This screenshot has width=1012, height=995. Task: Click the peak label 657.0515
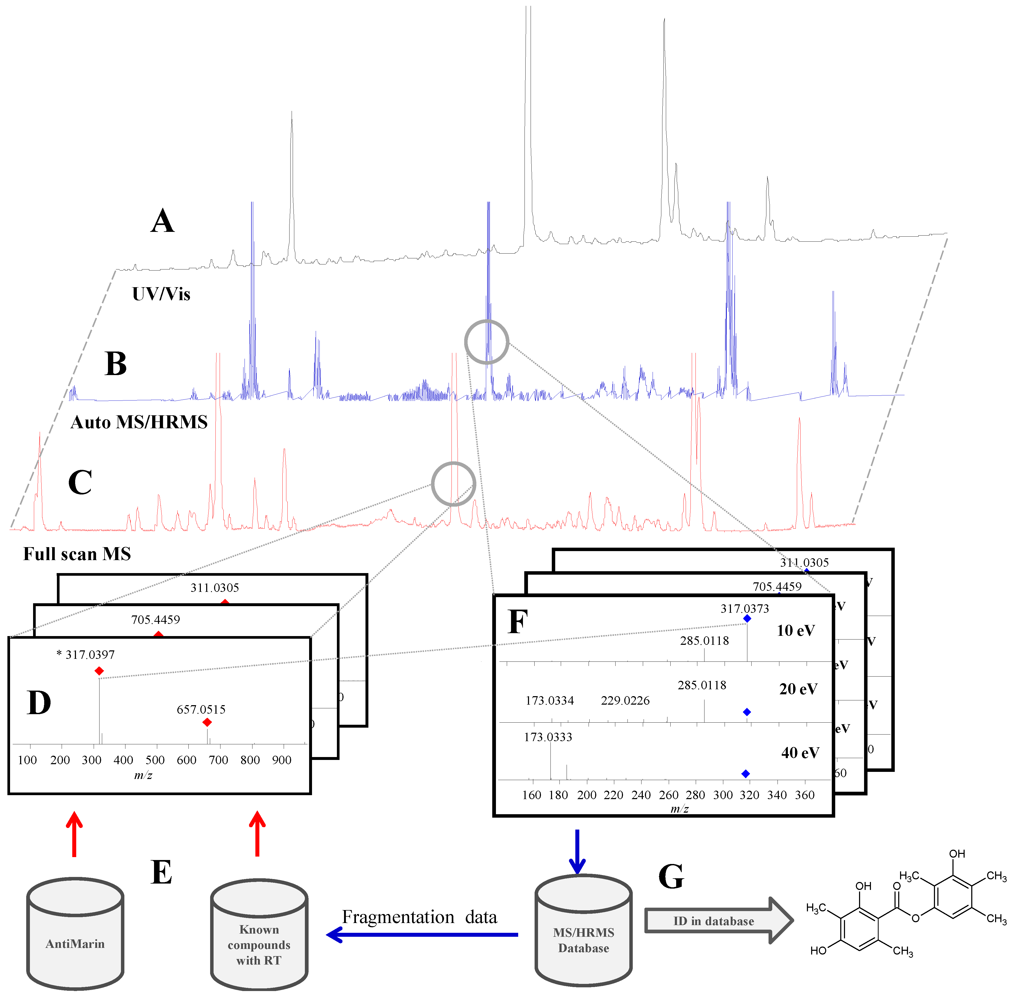pos(201,709)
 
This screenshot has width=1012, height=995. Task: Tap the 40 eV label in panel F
pos(800,753)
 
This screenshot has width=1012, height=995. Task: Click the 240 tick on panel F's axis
pos(641,795)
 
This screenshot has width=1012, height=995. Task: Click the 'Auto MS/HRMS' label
pos(139,422)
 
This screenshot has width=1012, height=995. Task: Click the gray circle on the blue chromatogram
pos(486,342)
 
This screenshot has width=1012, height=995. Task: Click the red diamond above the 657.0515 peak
pos(207,722)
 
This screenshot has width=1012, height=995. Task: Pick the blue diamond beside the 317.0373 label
pos(747,618)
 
